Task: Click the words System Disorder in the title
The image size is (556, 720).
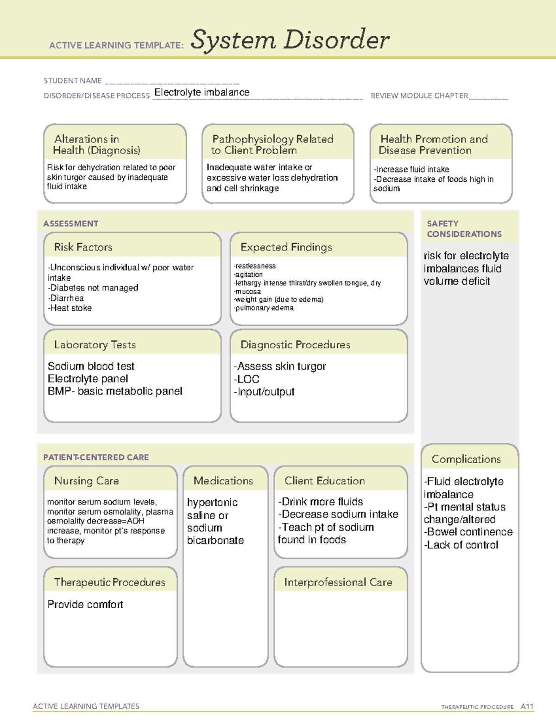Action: coord(290,40)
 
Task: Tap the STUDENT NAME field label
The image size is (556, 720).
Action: coord(73,81)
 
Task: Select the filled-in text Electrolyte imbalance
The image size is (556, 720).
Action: coord(202,92)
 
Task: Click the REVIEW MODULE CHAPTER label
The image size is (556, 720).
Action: coord(419,96)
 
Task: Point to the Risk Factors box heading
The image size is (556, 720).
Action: coord(83,247)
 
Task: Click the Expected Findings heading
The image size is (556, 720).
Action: coord(286,247)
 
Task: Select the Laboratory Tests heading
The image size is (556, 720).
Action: coord(95,344)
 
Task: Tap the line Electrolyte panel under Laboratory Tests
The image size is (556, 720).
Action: coord(88,379)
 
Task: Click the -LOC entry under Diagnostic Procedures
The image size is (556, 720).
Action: coord(247,379)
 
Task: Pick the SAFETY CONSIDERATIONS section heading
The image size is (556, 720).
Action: coord(464,229)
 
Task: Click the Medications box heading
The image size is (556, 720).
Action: coord(223,481)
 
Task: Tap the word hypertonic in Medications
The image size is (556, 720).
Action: coord(212,503)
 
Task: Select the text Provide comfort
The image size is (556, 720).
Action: coord(85,605)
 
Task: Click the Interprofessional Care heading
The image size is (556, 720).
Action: coord(338,582)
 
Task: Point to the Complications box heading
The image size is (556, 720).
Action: coord(466,459)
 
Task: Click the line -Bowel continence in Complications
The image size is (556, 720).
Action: coord(468,532)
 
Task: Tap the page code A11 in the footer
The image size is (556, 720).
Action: coord(527,707)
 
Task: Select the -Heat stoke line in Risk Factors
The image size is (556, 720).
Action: coord(70,308)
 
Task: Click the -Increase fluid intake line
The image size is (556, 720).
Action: coord(411,170)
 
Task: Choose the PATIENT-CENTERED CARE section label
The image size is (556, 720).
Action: coord(96,457)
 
